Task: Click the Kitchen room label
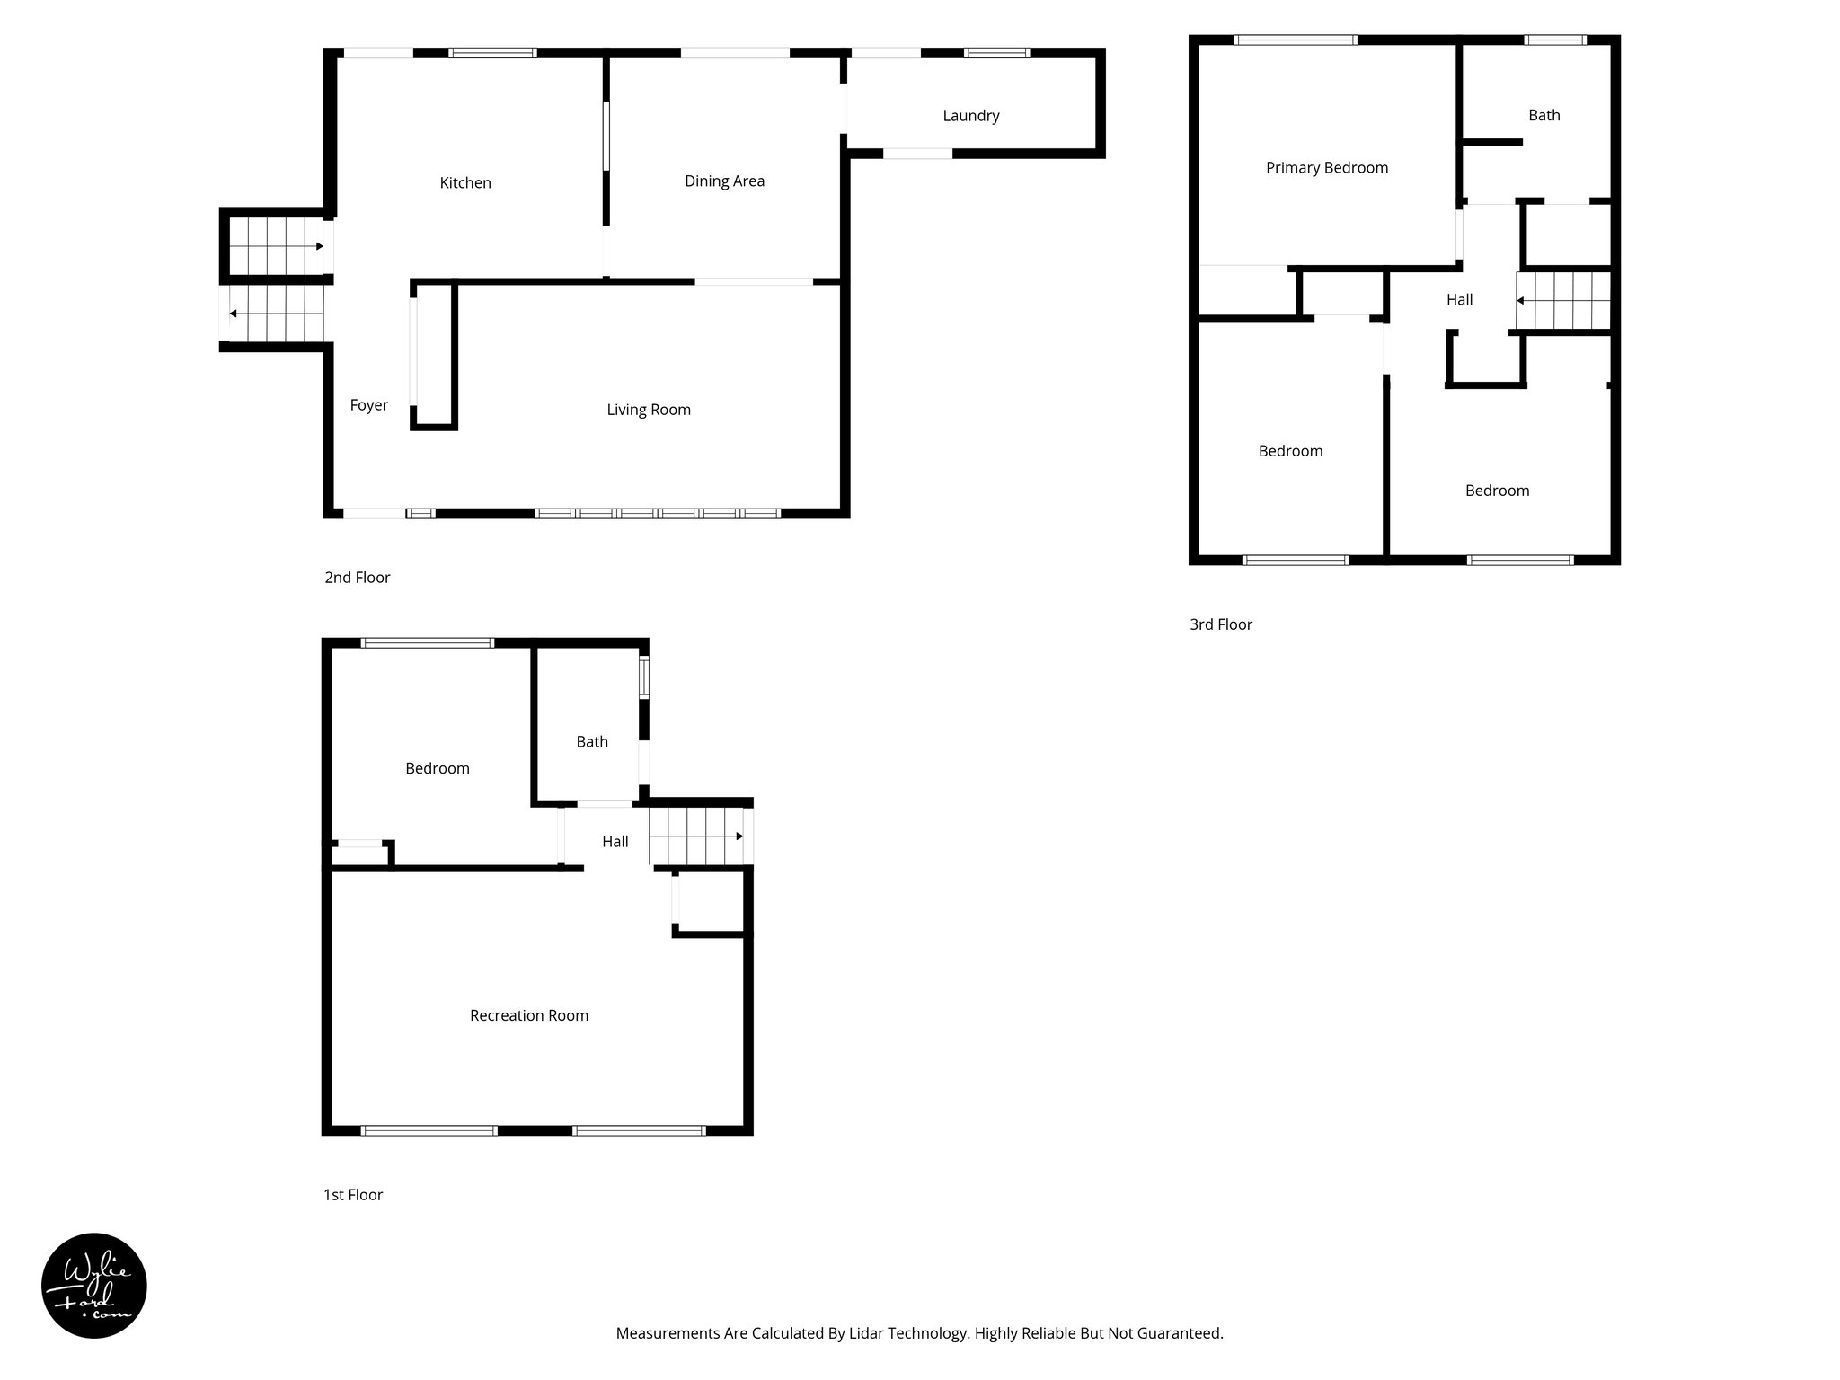(x=464, y=183)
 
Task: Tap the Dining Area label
(x=724, y=181)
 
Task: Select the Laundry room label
(x=970, y=116)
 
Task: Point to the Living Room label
(x=648, y=410)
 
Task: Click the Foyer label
(x=368, y=405)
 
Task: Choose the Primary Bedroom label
(x=1326, y=168)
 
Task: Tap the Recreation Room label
(x=528, y=1015)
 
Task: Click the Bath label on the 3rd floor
(x=1544, y=115)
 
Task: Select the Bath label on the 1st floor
(x=591, y=741)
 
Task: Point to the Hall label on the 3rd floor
(x=1459, y=300)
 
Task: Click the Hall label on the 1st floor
(x=615, y=842)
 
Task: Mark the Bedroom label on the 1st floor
(x=437, y=768)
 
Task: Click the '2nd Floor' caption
(x=357, y=578)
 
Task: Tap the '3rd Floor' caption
(x=1220, y=624)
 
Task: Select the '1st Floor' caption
(x=352, y=1195)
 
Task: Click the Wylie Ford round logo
(x=94, y=1286)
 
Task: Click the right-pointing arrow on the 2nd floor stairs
(x=319, y=246)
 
